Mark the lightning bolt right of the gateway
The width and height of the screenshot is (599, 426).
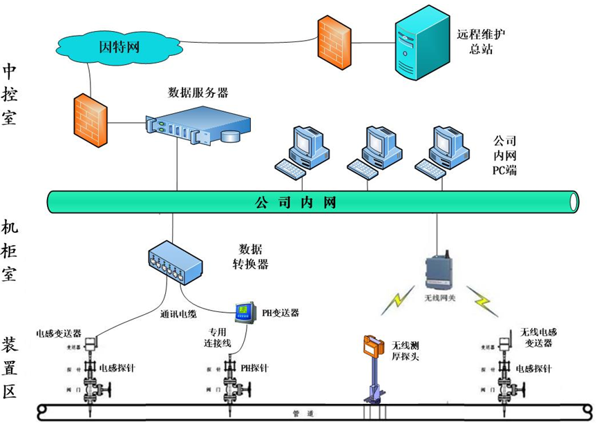(481, 300)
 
